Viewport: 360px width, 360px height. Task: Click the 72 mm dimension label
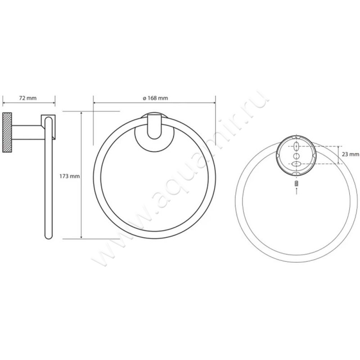tap(28, 98)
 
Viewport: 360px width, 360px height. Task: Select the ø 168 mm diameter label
tap(155, 98)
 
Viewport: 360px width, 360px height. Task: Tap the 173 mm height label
tap(70, 176)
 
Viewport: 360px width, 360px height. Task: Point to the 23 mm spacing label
tap(351, 154)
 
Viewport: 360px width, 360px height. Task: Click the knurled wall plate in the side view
tap(7, 132)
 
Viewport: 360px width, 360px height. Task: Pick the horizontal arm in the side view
tap(27, 132)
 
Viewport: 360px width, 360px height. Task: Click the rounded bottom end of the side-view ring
tap(49, 235)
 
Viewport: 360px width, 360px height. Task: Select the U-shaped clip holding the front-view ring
tap(154, 126)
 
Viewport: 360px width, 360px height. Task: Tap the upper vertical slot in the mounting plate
tap(297, 146)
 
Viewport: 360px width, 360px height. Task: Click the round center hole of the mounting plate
tap(297, 156)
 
